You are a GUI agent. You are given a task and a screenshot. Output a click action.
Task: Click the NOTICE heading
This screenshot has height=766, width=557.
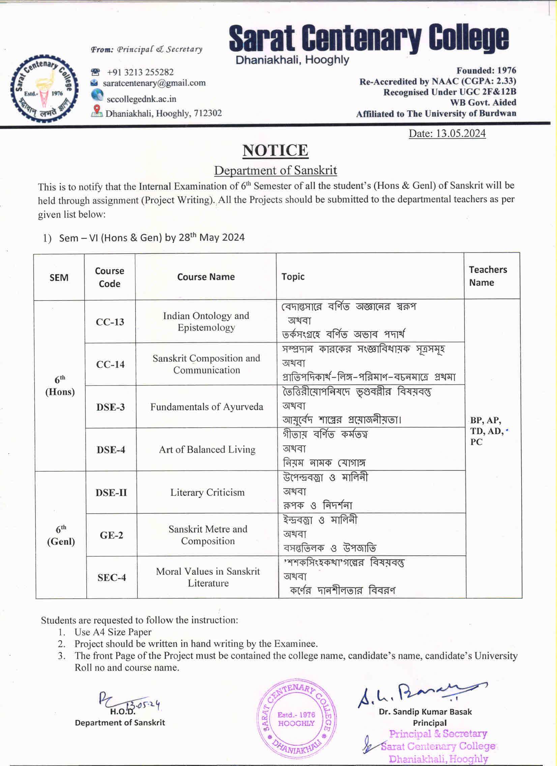pos(275,151)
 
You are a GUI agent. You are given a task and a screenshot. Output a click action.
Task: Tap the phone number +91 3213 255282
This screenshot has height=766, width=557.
pos(140,72)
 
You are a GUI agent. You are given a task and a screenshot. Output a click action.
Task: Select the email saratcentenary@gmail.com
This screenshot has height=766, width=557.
pos(154,83)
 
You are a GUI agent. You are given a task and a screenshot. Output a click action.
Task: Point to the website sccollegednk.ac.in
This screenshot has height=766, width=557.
pos(141,99)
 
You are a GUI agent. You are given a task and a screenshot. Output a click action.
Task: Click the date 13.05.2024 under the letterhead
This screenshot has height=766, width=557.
pos(447,134)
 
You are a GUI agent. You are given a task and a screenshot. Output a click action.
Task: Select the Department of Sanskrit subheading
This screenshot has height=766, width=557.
pos(275,171)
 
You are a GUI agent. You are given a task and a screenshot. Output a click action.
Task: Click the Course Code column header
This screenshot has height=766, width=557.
pos(110,277)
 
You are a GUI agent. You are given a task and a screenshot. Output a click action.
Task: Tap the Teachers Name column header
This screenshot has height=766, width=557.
pos(488,276)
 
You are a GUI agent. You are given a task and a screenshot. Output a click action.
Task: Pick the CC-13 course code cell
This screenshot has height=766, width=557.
pos(110,322)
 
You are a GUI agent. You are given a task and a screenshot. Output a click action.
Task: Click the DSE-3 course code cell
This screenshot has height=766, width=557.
pos(110,407)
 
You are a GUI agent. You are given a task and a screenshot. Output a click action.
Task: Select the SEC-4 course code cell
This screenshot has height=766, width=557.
pos(112,577)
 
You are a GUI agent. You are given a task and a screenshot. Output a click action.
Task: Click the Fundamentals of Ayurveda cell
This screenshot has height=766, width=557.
pos(207,407)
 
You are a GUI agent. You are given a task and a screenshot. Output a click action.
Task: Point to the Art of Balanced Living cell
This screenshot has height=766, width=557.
pos(207,450)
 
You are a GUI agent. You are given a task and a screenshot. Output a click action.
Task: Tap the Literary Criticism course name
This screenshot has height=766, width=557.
pos(207,492)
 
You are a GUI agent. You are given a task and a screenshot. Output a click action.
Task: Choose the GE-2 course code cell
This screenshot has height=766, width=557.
pos(111,535)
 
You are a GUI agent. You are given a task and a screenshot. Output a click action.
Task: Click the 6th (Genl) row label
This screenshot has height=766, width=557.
pos(61,535)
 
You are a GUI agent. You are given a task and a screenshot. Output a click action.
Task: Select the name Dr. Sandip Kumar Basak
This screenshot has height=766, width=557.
pos(425,712)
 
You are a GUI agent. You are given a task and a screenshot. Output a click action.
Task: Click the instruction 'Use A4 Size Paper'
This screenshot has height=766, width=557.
pos(113,632)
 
